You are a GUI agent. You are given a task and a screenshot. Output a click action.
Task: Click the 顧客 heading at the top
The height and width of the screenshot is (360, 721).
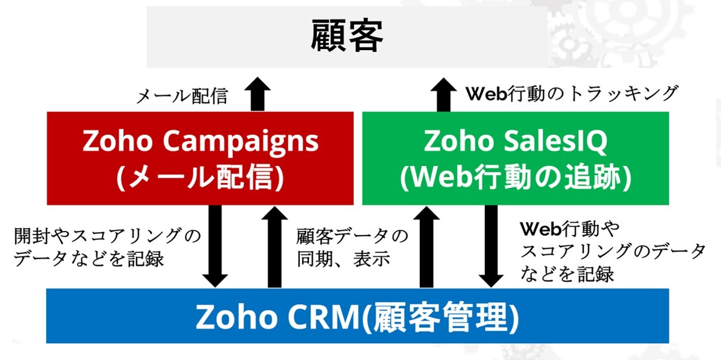click(347, 35)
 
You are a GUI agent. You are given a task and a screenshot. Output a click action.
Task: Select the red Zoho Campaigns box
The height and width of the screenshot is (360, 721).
click(200, 158)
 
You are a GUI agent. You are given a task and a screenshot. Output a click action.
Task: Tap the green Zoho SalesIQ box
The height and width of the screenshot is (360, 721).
click(516, 158)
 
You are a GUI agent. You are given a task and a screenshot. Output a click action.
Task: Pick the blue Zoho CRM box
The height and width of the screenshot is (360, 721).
click(357, 316)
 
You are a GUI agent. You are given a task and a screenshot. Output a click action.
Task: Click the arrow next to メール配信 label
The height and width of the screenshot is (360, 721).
click(258, 94)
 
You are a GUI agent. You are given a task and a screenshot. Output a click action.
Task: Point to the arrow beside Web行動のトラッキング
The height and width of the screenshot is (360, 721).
click(444, 94)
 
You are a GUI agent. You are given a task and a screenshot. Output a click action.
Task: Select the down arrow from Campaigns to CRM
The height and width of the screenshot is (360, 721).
click(215, 246)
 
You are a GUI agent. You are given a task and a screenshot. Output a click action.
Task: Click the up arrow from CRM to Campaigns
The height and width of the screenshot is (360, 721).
click(274, 247)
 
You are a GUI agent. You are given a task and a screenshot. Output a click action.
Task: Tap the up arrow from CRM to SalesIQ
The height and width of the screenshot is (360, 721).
click(426, 247)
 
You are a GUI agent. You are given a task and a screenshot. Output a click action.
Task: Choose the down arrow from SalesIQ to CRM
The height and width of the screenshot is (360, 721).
click(491, 246)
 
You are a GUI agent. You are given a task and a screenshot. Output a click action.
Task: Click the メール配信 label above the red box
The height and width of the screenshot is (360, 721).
click(182, 96)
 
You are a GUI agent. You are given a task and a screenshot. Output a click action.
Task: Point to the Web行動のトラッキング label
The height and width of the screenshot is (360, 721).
click(572, 94)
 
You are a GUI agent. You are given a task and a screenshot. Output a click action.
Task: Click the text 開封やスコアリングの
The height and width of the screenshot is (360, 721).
click(108, 236)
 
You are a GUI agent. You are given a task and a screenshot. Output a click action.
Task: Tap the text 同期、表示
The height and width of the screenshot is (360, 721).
click(343, 259)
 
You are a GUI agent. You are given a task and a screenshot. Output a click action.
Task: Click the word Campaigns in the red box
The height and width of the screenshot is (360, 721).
click(240, 142)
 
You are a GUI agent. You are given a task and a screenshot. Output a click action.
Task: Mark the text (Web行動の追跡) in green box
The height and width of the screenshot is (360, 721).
click(516, 177)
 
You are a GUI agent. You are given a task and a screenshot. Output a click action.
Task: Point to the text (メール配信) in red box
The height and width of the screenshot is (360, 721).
click(200, 177)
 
